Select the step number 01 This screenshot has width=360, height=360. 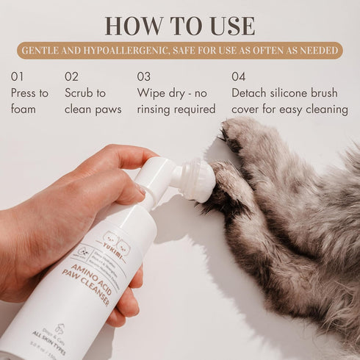18,76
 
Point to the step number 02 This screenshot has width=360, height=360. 71,76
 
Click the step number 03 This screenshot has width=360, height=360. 144,76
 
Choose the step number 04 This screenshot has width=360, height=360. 239,76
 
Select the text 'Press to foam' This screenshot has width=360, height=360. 29,101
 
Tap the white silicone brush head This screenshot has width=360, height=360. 198,179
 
